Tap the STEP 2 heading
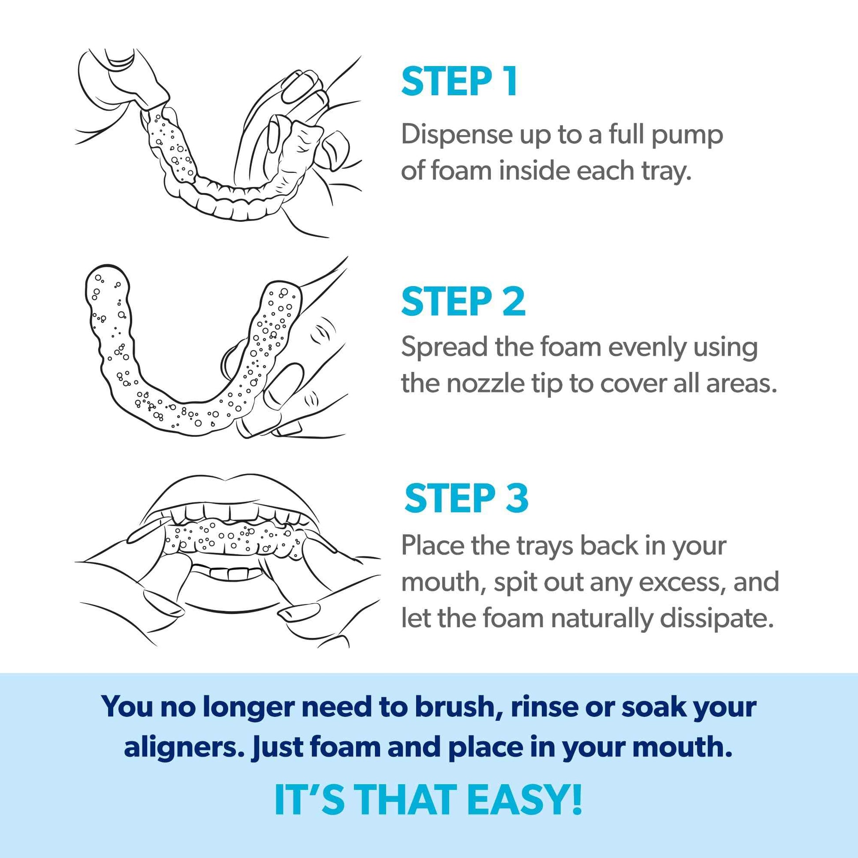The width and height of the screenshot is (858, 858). pyautogui.click(x=463, y=302)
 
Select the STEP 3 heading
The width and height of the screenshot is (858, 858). pyautogui.click(x=466, y=499)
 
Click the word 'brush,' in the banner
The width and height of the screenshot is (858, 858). pyautogui.click(x=459, y=707)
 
